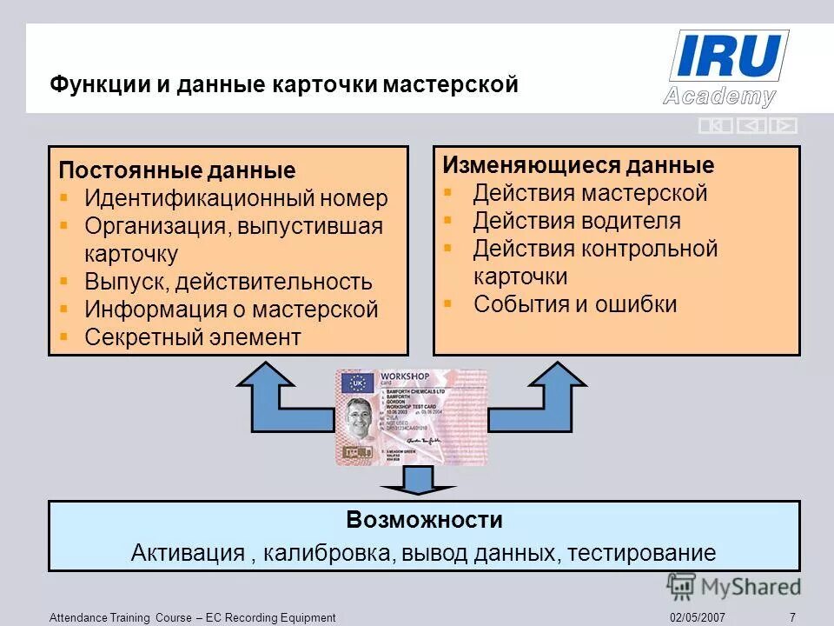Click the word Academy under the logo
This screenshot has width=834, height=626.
(x=719, y=96)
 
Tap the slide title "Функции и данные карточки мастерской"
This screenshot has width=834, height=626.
(x=283, y=85)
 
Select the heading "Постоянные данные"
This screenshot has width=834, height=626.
(x=177, y=170)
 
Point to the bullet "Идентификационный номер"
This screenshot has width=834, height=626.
(x=235, y=198)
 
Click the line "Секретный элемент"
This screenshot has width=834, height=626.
(x=192, y=337)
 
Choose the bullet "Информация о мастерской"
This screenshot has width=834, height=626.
(x=231, y=310)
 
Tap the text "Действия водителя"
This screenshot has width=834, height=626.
(x=577, y=221)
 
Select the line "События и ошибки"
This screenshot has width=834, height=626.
(x=574, y=304)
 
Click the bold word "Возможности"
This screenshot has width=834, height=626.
(x=424, y=521)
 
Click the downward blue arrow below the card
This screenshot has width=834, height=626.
(x=419, y=481)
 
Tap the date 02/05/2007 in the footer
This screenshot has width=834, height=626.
(x=698, y=617)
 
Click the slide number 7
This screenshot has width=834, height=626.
(x=792, y=617)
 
